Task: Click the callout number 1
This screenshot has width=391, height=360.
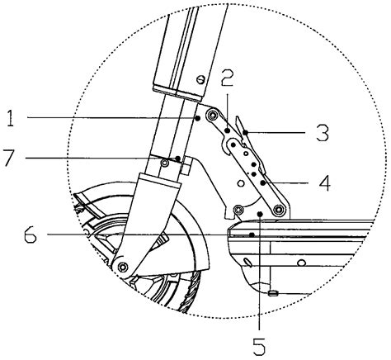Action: click(11, 118)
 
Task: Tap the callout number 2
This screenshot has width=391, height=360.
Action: click(227, 78)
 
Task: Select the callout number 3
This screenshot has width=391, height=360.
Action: click(323, 133)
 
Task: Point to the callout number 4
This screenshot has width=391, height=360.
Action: click(325, 182)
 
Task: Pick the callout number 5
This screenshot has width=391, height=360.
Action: click(259, 346)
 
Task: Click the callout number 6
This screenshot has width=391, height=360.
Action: click(31, 234)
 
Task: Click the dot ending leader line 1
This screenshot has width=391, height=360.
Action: click(197, 118)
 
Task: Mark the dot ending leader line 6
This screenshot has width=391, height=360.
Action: click(252, 234)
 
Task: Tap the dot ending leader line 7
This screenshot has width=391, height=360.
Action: click(178, 159)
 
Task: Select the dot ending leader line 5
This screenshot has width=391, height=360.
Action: click(260, 214)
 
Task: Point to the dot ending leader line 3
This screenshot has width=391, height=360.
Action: click(246, 133)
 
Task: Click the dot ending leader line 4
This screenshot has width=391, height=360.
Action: click(263, 182)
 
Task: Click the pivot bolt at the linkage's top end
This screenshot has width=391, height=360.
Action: click(212, 115)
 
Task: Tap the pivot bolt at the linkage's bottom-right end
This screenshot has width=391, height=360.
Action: click(280, 210)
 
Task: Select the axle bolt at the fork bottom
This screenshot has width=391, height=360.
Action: click(122, 267)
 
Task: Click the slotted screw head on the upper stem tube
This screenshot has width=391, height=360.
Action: click(201, 80)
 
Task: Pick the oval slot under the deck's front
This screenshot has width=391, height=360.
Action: click(247, 263)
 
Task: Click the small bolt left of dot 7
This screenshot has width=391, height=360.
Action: click(165, 163)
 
